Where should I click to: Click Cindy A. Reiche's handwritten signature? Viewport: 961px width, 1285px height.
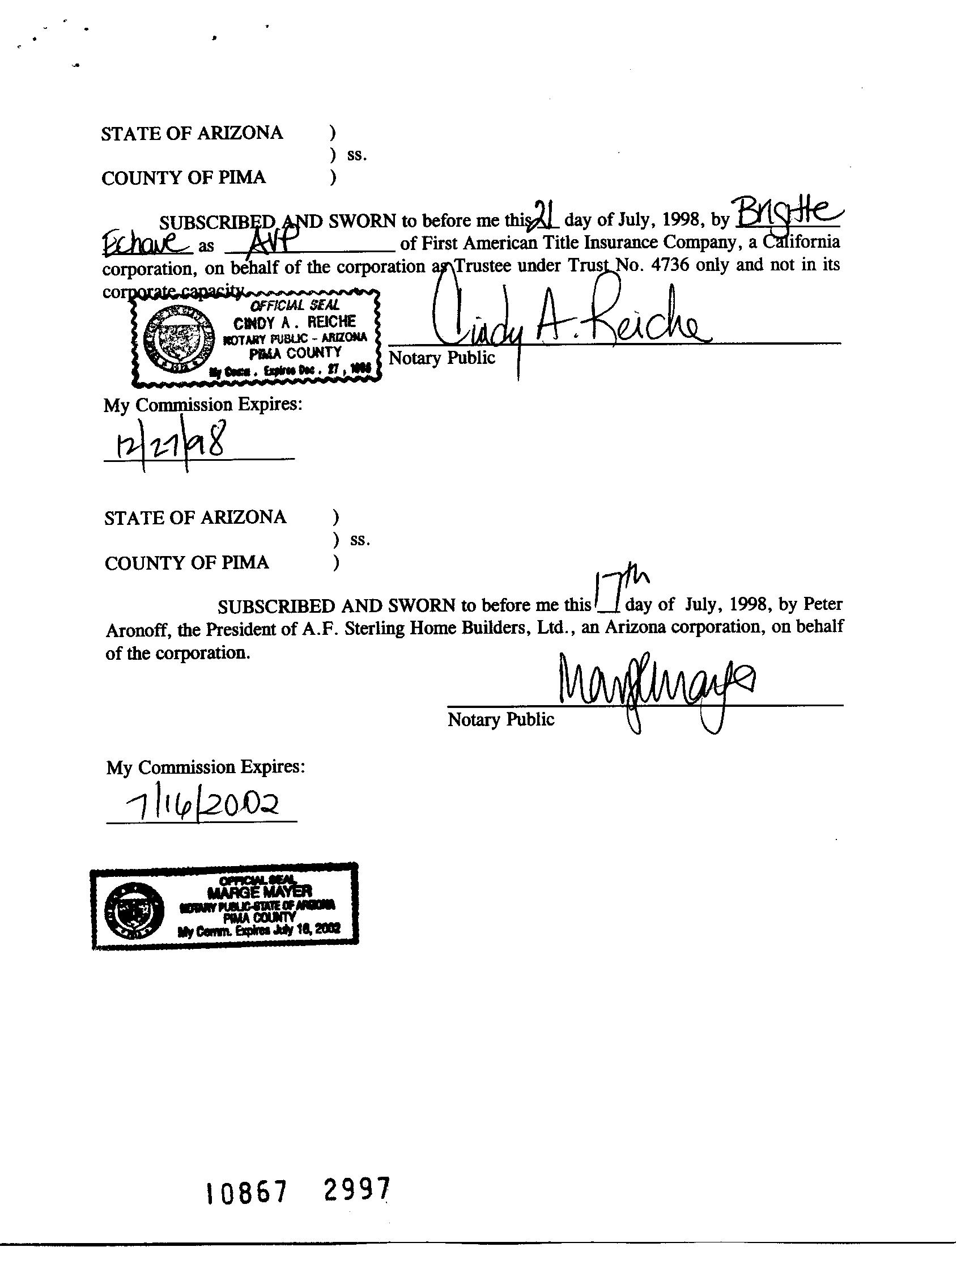(569, 325)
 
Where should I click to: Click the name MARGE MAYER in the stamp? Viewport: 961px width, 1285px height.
(259, 890)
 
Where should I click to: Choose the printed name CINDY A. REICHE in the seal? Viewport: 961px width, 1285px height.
(295, 321)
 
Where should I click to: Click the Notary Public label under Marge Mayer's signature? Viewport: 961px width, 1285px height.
(500, 719)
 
